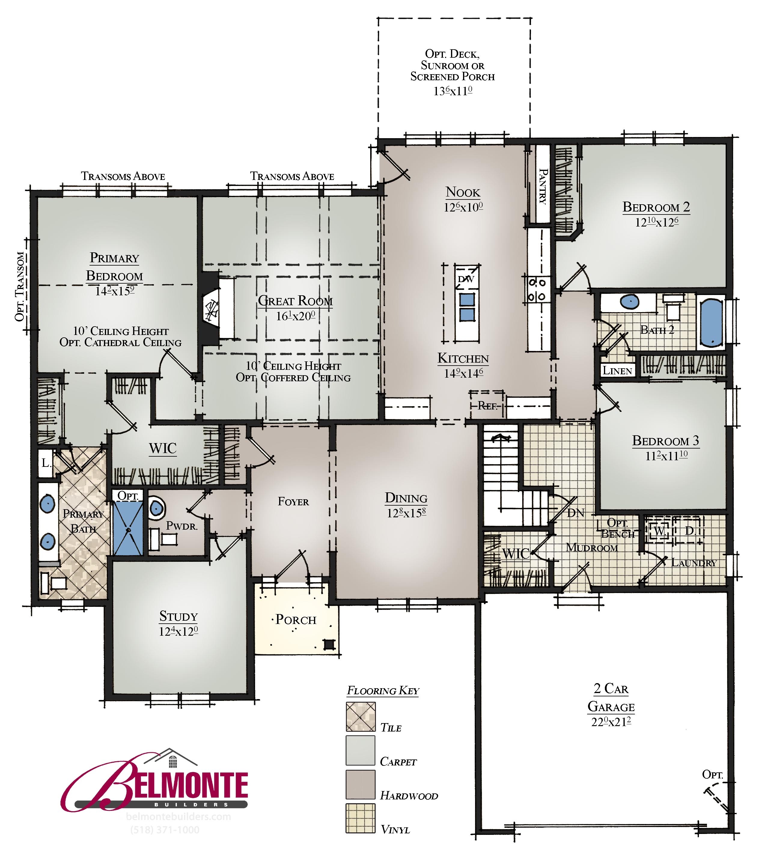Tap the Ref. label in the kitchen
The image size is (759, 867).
coord(487,406)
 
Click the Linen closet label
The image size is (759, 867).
coord(617,371)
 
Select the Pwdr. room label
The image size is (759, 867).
coord(182,526)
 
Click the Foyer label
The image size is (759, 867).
coord(293,502)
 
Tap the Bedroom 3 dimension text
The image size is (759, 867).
coord(666,456)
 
